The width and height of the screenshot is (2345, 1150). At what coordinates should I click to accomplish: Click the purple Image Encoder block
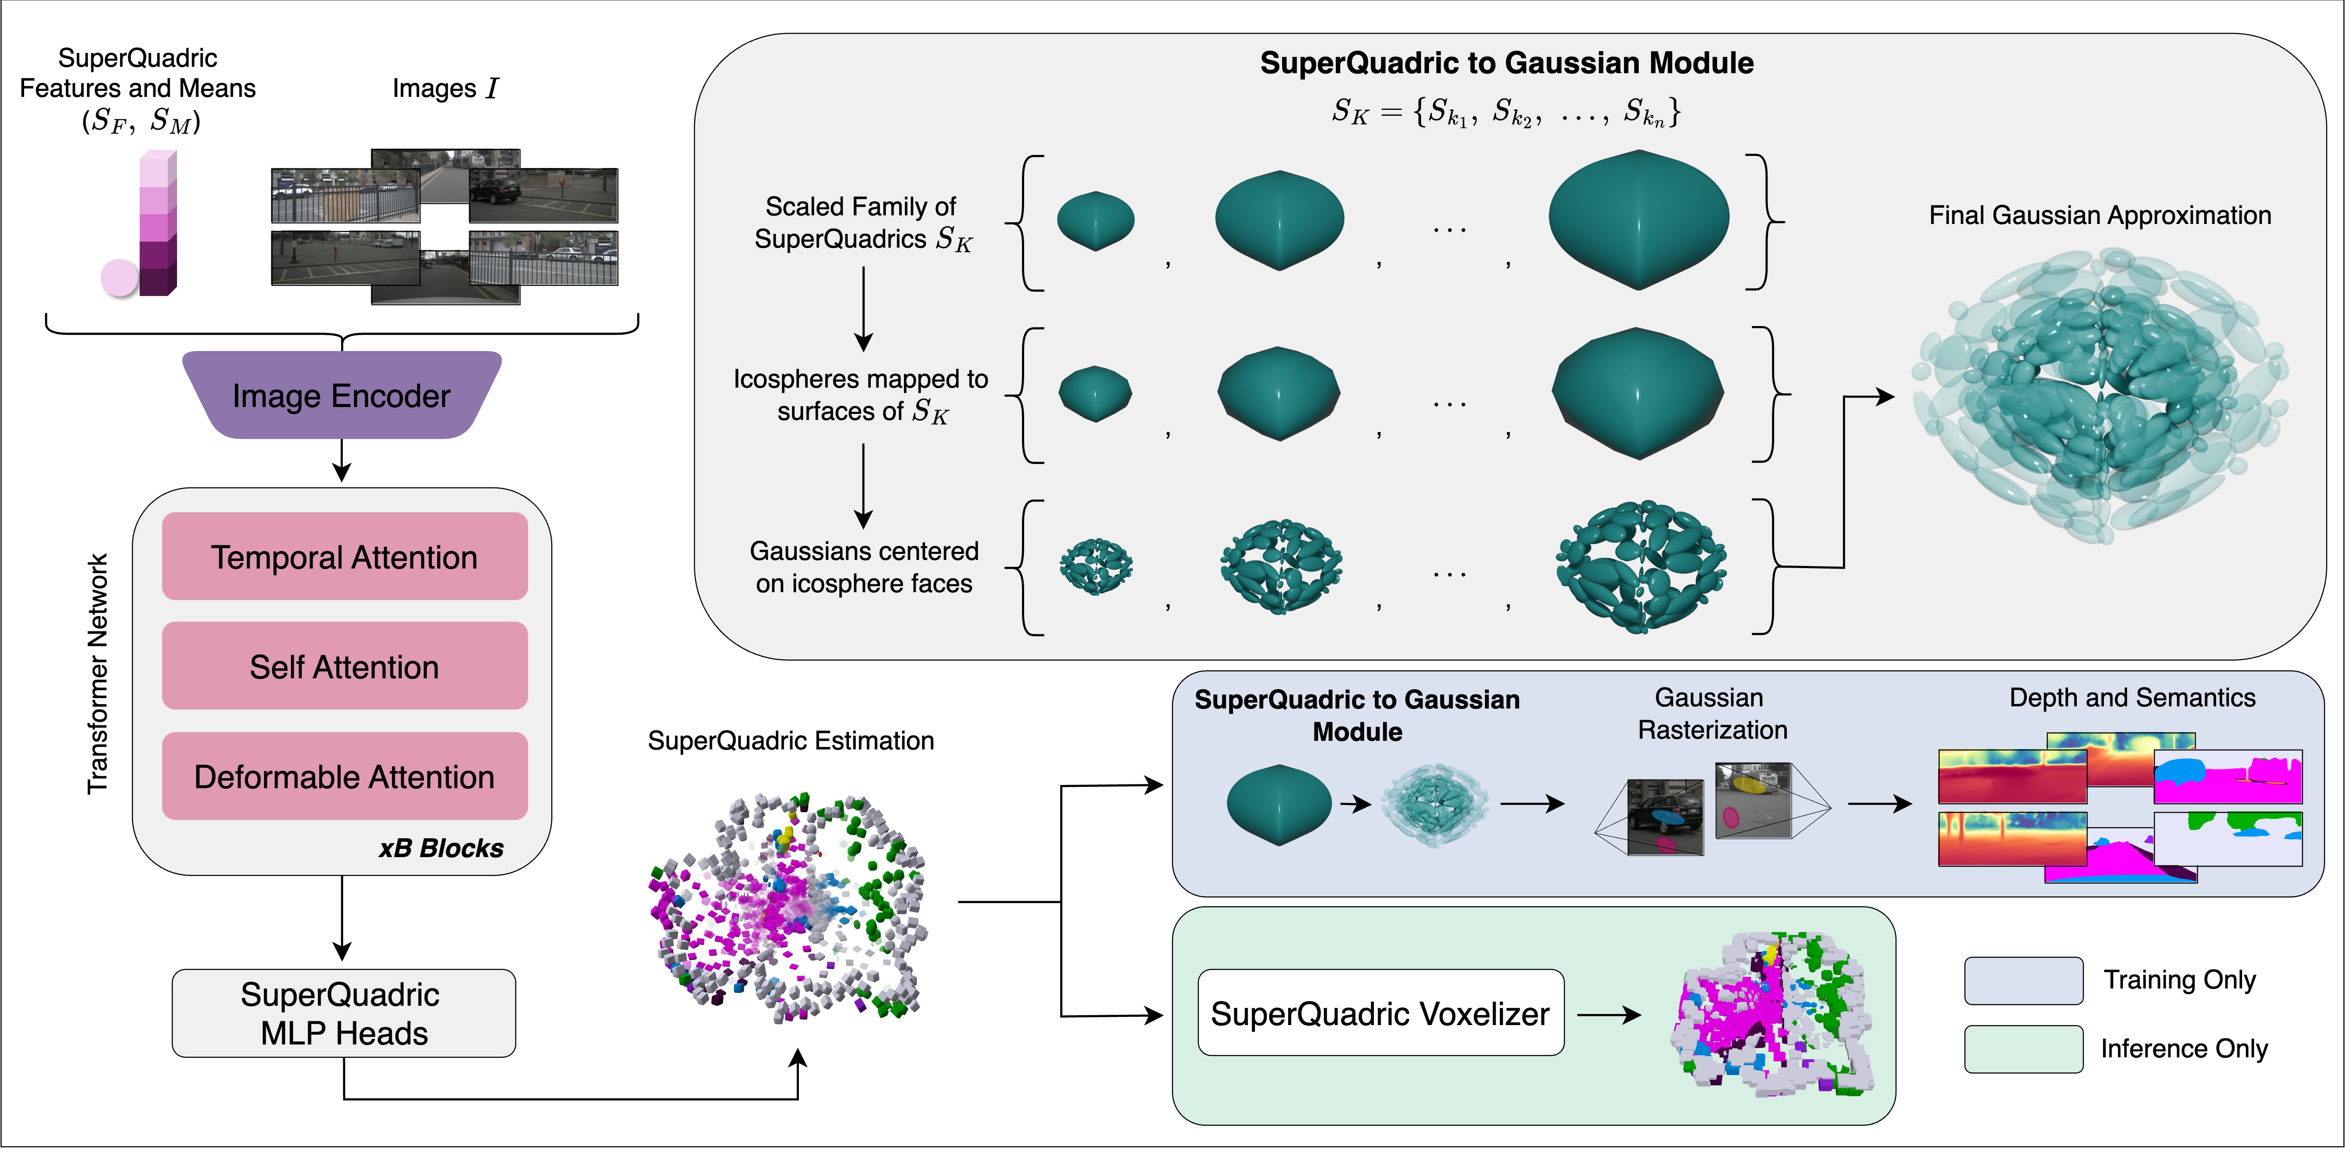tap(342, 395)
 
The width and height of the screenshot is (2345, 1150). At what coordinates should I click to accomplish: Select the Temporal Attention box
tap(344, 556)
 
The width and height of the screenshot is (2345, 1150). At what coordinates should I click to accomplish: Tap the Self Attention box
tap(344, 666)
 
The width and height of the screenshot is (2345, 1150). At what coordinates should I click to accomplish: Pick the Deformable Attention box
tap(344, 777)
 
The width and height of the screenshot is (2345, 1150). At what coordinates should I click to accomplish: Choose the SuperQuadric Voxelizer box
tap(1380, 1013)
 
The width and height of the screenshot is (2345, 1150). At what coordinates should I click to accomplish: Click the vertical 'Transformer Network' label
tap(97, 674)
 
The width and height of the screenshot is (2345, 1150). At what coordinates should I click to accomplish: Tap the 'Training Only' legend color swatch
tap(2023, 981)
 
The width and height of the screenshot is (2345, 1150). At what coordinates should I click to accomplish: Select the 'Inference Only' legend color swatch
tap(2023, 1049)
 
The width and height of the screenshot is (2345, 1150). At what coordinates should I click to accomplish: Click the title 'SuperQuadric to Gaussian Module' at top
tap(1506, 63)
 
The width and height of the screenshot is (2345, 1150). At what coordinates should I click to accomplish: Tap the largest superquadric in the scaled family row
tap(1639, 221)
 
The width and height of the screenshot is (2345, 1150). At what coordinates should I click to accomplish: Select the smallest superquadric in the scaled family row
tap(1095, 221)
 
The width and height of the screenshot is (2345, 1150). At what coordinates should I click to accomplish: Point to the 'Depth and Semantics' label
tap(2132, 697)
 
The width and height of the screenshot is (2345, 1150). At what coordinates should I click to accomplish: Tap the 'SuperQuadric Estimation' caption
tap(790, 740)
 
